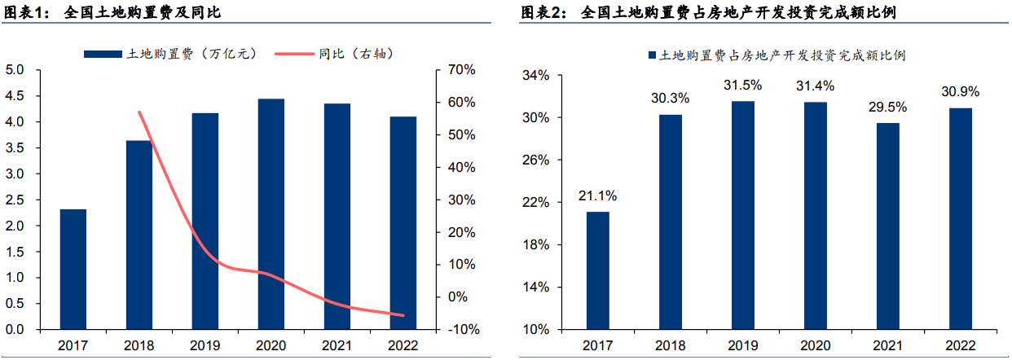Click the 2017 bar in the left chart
point(73,270)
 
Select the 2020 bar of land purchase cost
point(271,214)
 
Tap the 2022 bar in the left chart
point(403,223)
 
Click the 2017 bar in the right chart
point(598,270)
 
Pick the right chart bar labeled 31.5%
point(742,215)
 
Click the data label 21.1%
point(598,195)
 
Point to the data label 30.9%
point(960,92)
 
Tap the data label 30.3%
point(670,99)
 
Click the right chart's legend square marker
point(652,55)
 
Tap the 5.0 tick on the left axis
point(15,70)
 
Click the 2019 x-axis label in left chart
point(205,345)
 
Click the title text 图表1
point(24,14)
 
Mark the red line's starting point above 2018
point(139,112)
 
